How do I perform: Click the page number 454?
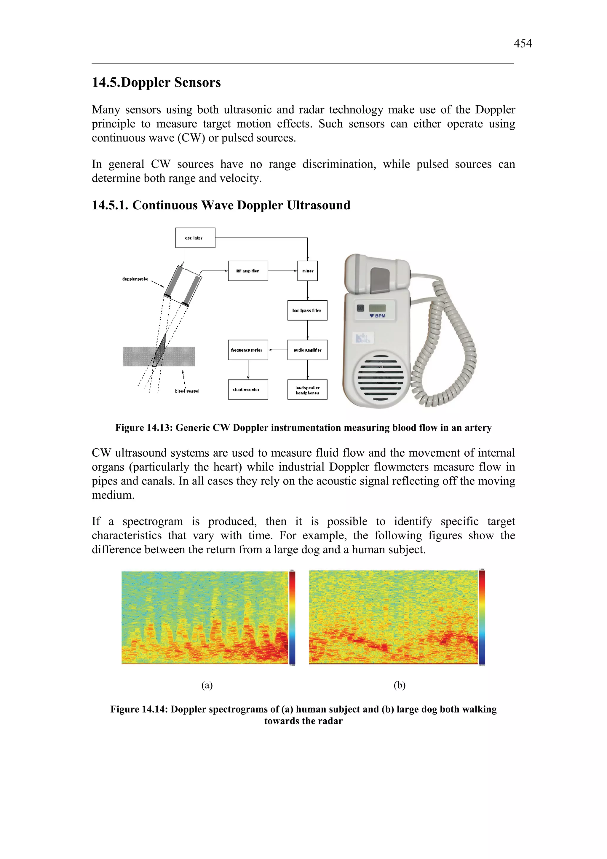tap(523, 44)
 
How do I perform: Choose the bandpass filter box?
tap(307, 310)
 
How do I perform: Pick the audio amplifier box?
tap(307, 350)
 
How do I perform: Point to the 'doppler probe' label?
tap(135, 279)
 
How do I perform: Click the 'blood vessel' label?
tap(187, 391)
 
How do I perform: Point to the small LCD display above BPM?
tap(377, 308)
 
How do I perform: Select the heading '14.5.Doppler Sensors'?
tap(156, 83)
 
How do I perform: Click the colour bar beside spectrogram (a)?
tap(293, 618)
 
